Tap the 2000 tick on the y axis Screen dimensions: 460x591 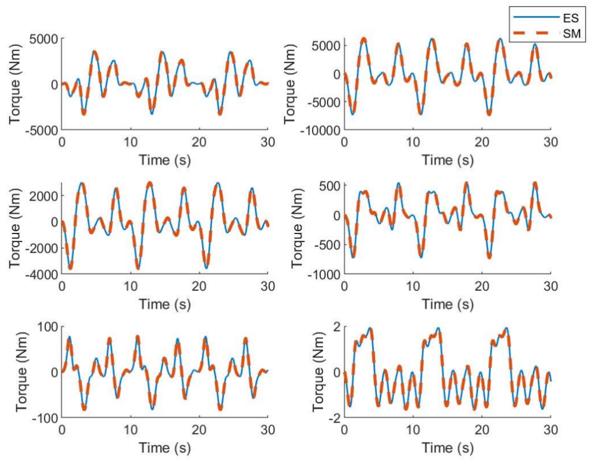45,196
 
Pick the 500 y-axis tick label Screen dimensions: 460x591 329,185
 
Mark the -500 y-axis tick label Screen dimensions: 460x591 327,244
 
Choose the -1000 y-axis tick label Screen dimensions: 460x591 324,273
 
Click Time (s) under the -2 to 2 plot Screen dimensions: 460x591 447,448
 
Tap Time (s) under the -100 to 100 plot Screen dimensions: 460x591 165,448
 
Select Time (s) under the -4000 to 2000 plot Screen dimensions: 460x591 165,304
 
